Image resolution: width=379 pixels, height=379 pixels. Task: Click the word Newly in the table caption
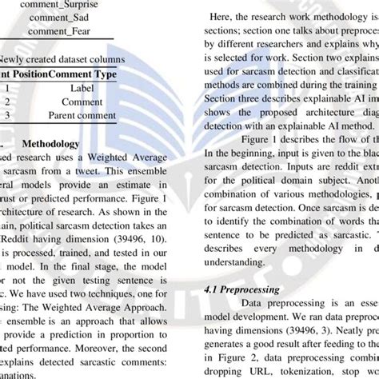pos(20,58)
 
